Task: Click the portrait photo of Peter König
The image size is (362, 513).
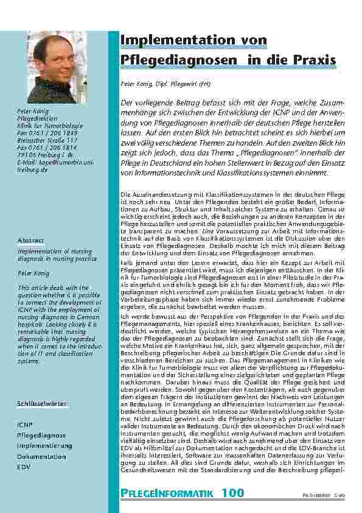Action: coord(60,67)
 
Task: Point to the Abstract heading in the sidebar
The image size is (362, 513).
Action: coord(31,240)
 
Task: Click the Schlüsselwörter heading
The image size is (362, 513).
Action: coord(42,404)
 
